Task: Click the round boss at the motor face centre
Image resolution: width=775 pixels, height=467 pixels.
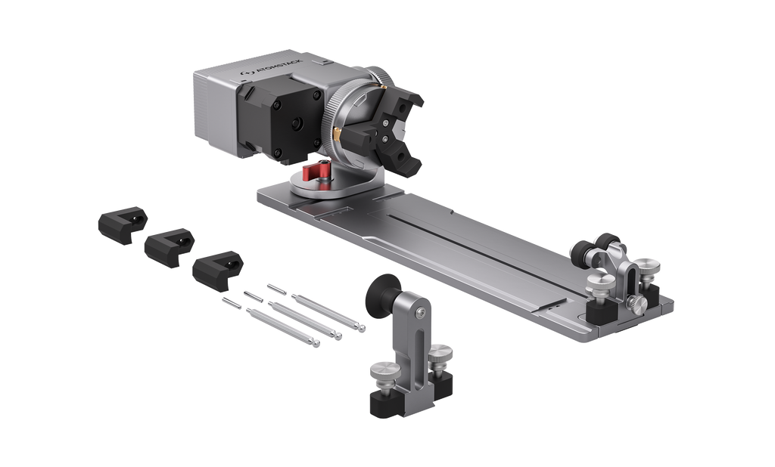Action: click(x=297, y=124)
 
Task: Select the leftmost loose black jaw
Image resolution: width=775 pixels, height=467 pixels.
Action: click(x=123, y=224)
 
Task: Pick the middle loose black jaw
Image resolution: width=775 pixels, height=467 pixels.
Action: click(x=169, y=247)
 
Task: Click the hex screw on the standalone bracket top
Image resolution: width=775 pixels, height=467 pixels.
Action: click(x=419, y=311)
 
